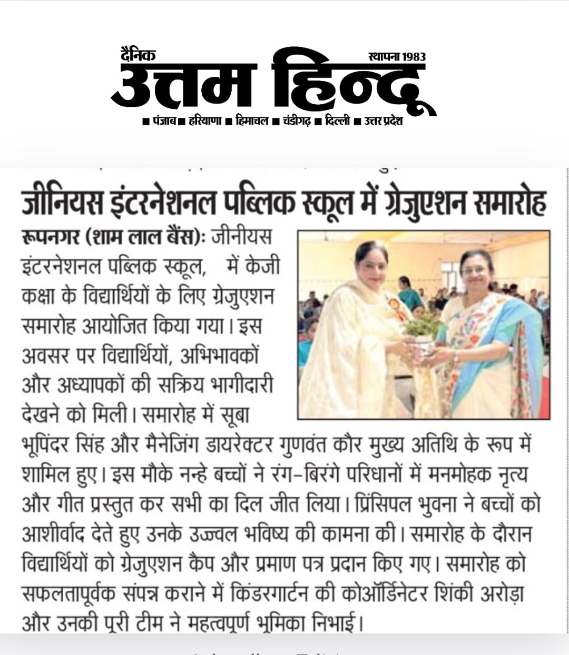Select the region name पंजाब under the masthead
pos(164,122)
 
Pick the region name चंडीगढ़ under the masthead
pos(297,122)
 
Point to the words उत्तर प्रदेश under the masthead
pos(383,122)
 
